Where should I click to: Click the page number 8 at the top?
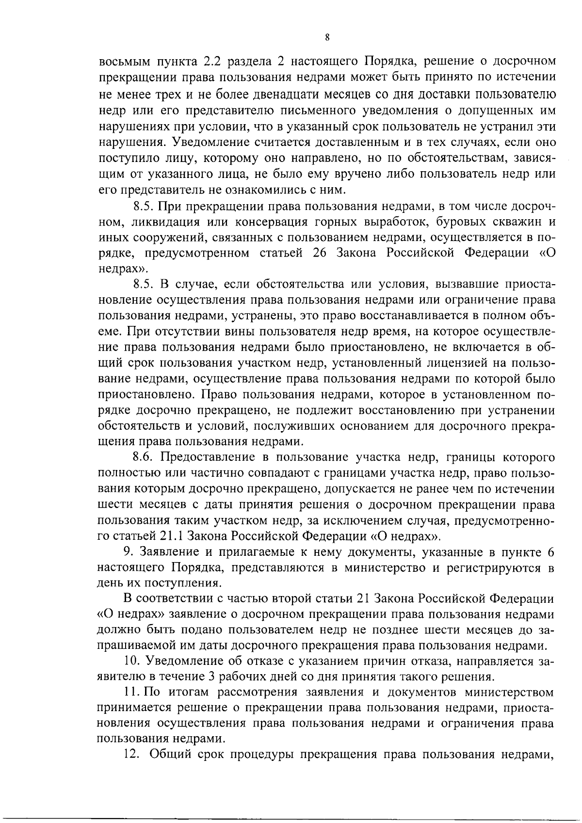point(328,37)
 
